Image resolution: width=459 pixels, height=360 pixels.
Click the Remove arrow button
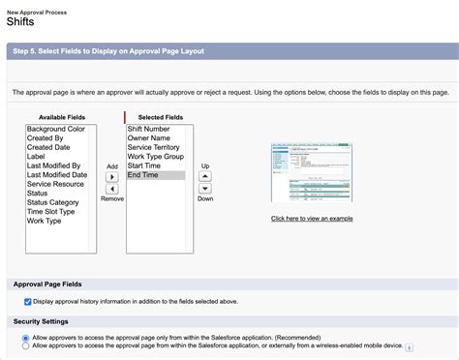tap(111, 190)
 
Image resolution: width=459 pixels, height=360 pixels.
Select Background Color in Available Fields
tap(56, 129)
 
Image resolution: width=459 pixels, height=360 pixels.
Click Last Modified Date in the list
tap(61, 175)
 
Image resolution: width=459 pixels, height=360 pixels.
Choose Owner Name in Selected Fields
tap(149, 138)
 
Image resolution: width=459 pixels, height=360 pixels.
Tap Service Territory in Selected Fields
tap(155, 147)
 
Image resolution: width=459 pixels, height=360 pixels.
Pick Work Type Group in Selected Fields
tap(156, 157)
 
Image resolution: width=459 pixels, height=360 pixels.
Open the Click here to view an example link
tap(311, 219)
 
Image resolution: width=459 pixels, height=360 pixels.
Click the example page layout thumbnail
tap(311, 173)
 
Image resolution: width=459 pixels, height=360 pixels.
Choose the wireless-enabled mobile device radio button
tap(25, 345)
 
